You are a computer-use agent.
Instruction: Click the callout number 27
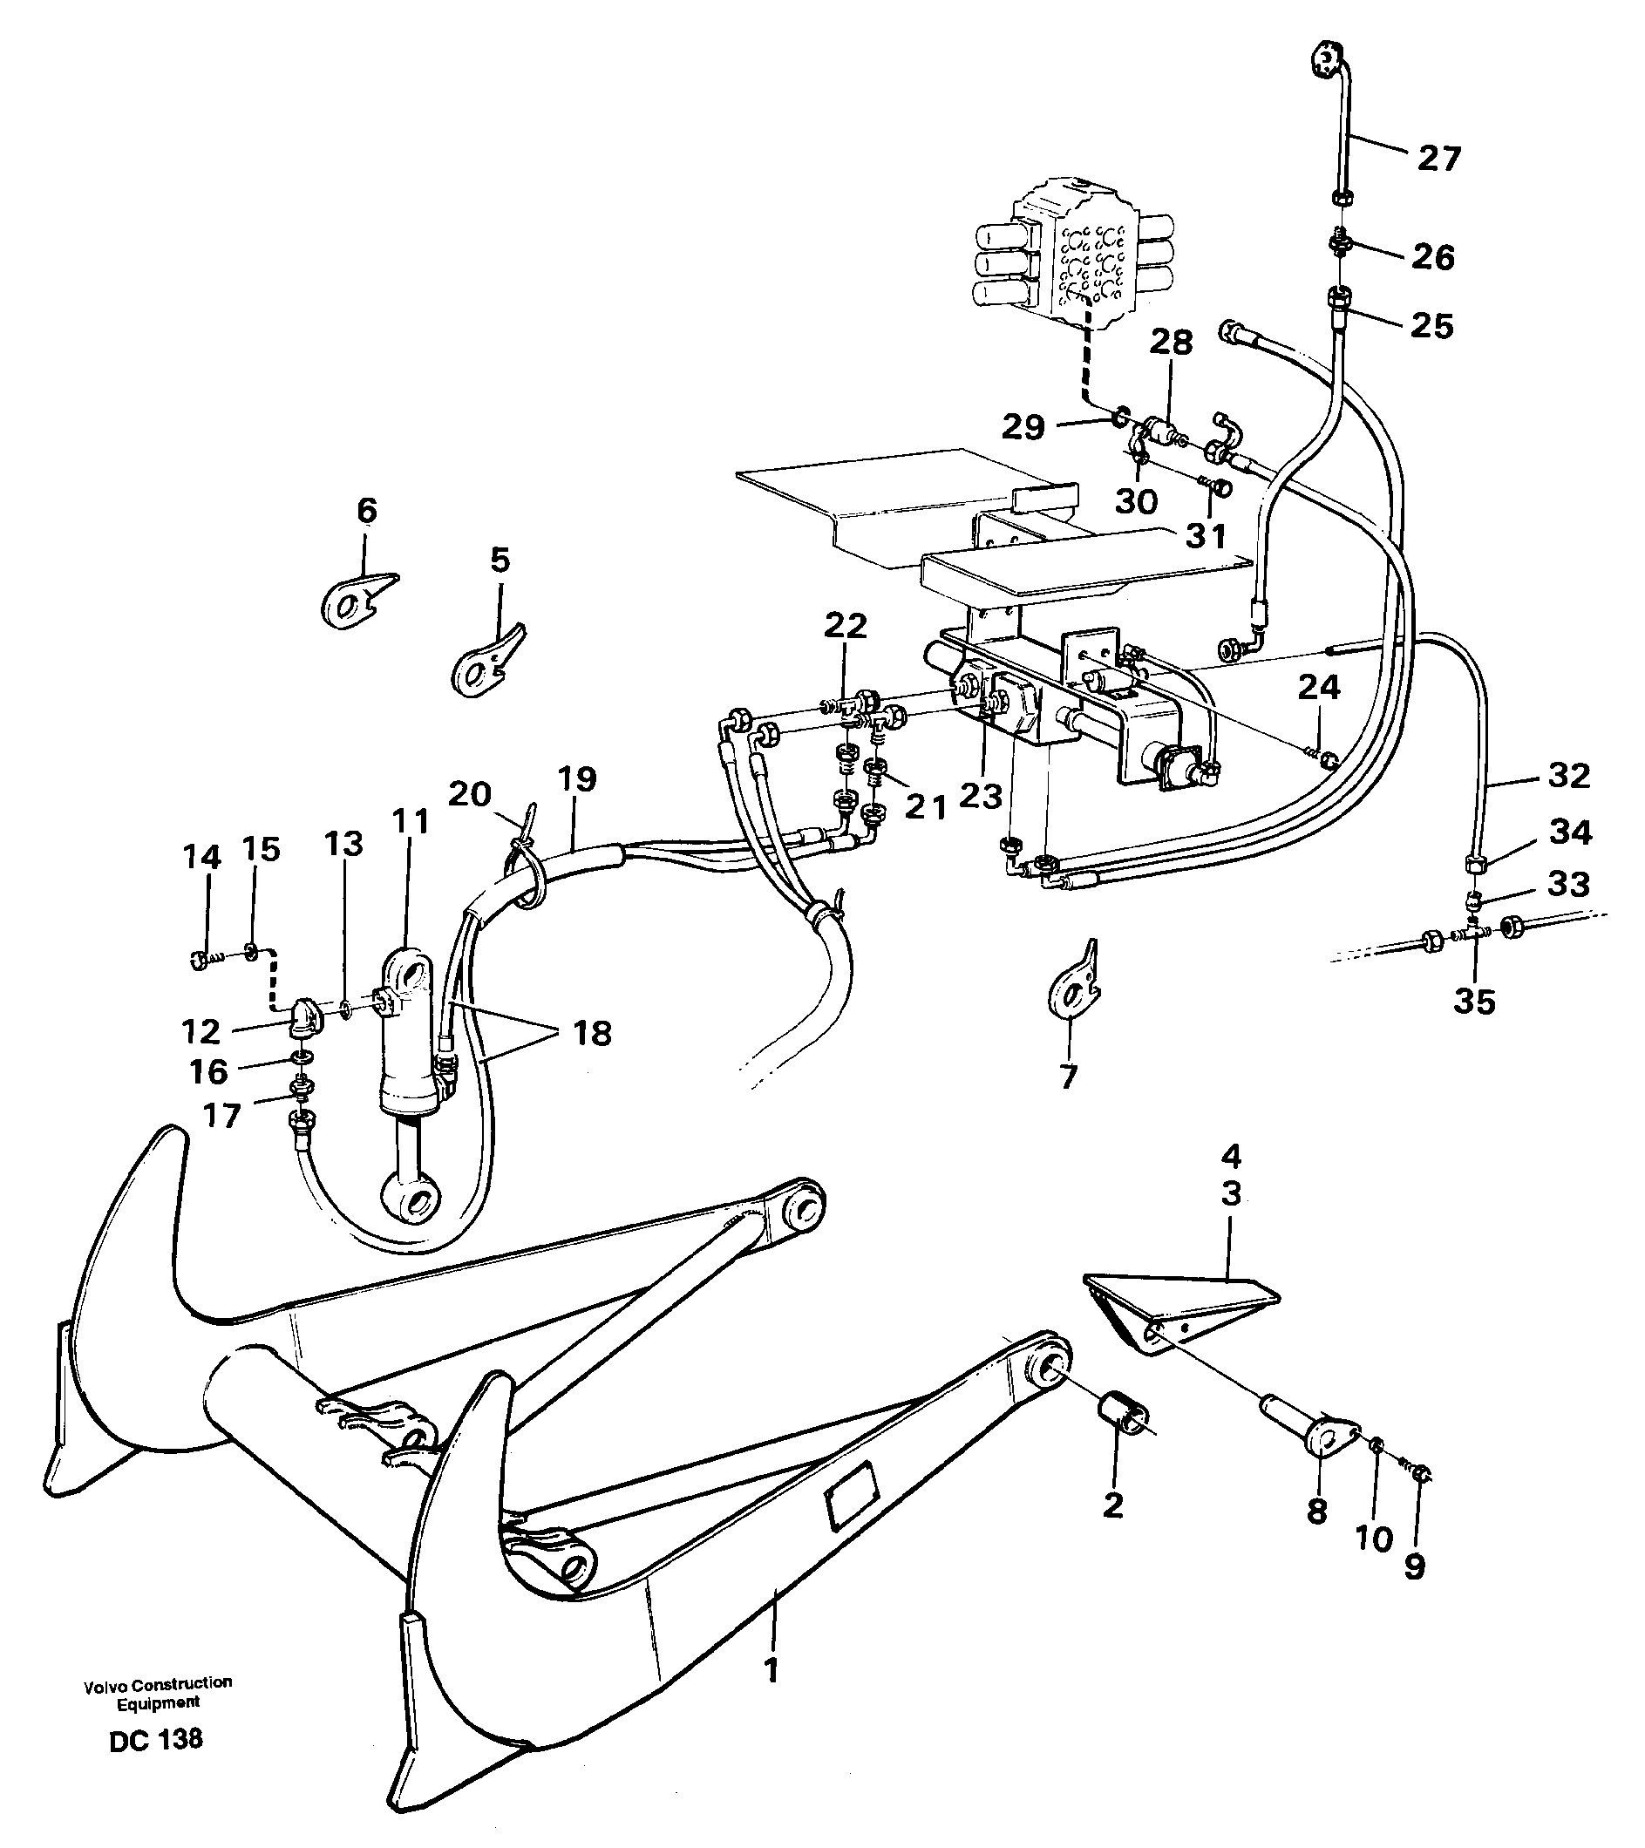pos(1438,160)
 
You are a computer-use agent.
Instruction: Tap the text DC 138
pos(156,1740)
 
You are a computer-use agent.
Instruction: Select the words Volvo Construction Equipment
pos(159,1693)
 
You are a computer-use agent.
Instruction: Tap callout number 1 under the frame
pos(771,1671)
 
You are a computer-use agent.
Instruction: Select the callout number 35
pos(1474,1002)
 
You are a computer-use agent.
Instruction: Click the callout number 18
pos(592,1032)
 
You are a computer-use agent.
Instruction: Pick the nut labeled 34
pos(1472,865)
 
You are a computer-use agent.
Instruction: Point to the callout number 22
pos(846,626)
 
